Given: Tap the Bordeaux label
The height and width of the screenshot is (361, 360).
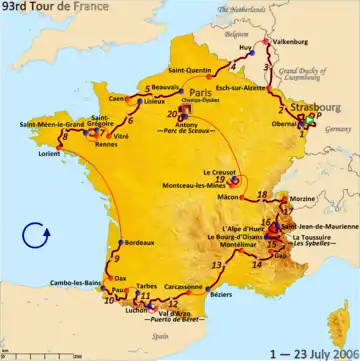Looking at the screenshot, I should point(137,244).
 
